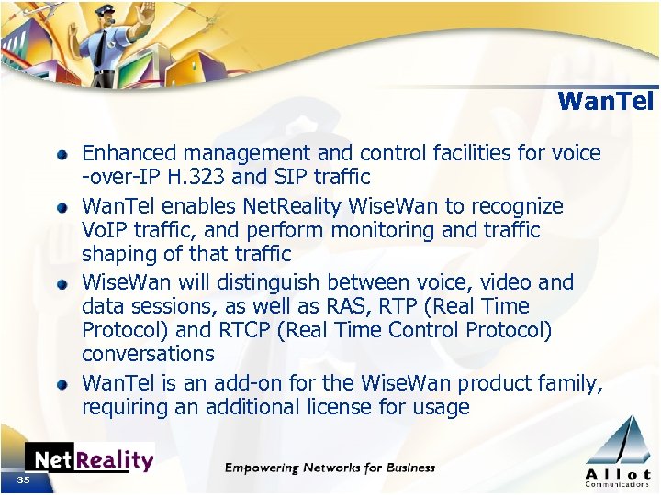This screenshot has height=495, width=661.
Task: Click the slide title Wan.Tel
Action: click(x=605, y=101)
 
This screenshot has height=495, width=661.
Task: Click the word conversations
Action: click(x=148, y=354)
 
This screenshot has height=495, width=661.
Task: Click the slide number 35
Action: click(x=21, y=479)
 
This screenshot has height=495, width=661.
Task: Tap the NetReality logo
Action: click(x=89, y=459)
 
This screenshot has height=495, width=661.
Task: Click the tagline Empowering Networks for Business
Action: click(x=330, y=467)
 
